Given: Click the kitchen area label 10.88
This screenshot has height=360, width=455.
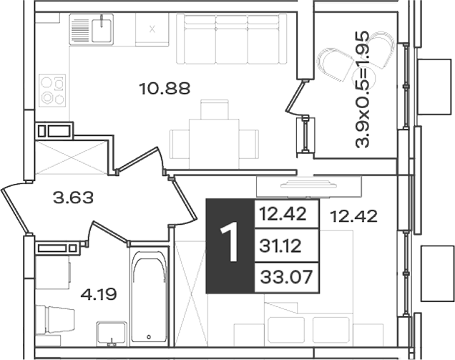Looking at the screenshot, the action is [165, 89].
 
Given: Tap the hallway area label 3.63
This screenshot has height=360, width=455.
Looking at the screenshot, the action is [74, 198].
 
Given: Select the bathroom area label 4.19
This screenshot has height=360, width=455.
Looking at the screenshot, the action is [99, 294].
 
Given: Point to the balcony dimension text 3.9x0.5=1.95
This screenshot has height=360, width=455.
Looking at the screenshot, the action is [363, 89].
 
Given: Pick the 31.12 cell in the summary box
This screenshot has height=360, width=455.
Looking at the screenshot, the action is [280, 246].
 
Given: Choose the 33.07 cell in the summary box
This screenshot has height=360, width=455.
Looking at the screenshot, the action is [286, 277].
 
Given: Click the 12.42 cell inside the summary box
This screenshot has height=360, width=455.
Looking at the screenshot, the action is [283, 214].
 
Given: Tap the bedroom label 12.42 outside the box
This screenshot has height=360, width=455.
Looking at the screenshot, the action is [354, 216].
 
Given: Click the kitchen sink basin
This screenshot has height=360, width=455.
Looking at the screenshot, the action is [102, 30].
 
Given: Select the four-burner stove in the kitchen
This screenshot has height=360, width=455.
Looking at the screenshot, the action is [52, 89].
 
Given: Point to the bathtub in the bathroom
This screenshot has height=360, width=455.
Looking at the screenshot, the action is [149, 297].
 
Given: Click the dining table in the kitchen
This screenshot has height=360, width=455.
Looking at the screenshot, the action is [214, 143].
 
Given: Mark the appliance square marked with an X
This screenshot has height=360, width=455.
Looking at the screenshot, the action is [152, 29].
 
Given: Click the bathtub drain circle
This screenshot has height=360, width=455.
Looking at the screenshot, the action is [149, 337].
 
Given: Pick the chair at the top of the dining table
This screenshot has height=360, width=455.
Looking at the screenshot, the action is [215, 110].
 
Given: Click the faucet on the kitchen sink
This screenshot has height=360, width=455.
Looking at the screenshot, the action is [102, 21].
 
